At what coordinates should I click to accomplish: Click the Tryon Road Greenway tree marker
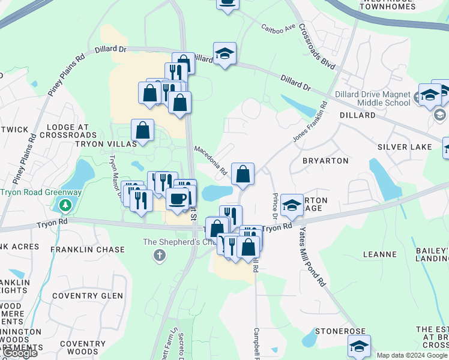pyautogui.click(x=65, y=206)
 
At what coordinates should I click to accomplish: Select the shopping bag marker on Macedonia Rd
pyautogui.click(x=243, y=175)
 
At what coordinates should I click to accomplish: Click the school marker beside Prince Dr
pyautogui.click(x=292, y=205)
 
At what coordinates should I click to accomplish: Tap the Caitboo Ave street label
pyautogui.click(x=279, y=28)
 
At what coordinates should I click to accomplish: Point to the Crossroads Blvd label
pyautogui.click(x=316, y=46)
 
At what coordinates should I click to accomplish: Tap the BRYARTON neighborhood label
pyautogui.click(x=325, y=161)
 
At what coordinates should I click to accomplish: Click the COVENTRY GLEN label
pyautogui.click(x=87, y=296)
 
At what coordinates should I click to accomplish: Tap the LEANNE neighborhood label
pyautogui.click(x=381, y=254)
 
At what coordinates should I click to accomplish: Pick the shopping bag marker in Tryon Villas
pyautogui.click(x=143, y=130)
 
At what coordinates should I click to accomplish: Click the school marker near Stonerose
pyautogui.click(x=359, y=347)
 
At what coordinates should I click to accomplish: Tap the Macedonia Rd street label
pyautogui.click(x=211, y=160)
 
